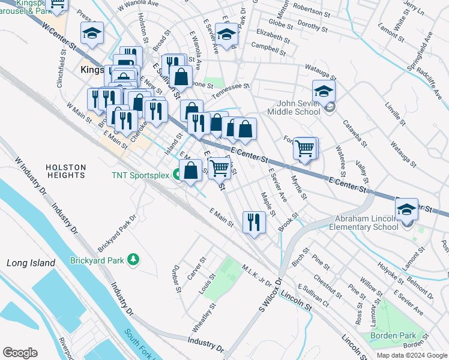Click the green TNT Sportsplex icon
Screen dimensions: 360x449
[x=177, y=175]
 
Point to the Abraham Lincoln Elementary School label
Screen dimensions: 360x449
[x=367, y=223]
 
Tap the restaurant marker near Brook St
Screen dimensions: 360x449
[x=254, y=222]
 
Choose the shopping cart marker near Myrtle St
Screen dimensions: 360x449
[x=306, y=148]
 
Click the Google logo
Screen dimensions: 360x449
[x=20, y=353]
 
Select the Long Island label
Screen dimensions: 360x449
[x=31, y=263]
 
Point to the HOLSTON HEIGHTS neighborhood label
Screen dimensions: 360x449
[x=65, y=171]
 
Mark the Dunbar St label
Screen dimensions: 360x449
[x=176, y=278]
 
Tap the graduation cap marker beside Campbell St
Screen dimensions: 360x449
[x=227, y=37]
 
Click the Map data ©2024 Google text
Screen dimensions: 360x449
[x=411, y=355]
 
